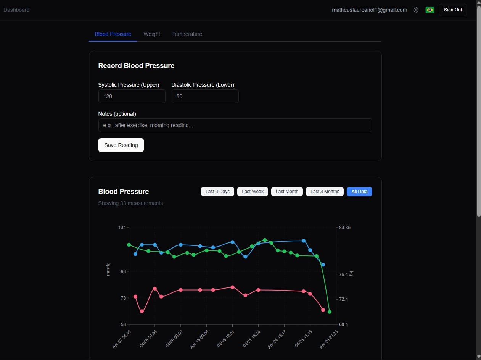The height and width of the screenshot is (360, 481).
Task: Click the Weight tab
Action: tap(152, 34)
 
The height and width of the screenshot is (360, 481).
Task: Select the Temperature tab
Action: tap(187, 34)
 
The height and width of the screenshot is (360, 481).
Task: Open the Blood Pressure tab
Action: tap(113, 34)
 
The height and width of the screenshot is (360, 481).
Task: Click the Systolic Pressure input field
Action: tap(132, 96)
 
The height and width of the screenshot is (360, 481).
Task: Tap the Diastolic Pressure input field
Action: tap(205, 96)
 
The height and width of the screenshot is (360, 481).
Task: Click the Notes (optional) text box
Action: tap(235, 125)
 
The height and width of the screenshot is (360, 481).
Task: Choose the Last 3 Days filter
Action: tap(217, 192)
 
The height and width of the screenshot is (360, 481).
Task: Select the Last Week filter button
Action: tap(253, 192)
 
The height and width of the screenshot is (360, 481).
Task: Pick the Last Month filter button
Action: tap(287, 192)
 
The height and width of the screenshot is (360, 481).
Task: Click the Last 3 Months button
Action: tap(325, 192)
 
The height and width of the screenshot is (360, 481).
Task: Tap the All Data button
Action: tap(359, 192)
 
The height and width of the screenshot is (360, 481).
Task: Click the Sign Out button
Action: tap(453, 10)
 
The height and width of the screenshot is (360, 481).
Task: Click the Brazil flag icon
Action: tap(430, 10)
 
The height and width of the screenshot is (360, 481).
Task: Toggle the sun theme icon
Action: tap(416, 10)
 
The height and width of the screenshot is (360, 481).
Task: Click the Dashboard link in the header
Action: tap(16, 10)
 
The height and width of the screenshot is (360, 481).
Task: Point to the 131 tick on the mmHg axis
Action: tap(122, 228)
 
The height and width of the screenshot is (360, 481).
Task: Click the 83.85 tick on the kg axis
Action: tap(344, 228)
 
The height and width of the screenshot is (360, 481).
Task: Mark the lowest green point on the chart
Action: tap(329, 312)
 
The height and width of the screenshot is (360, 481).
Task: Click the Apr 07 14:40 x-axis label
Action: tap(122, 339)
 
